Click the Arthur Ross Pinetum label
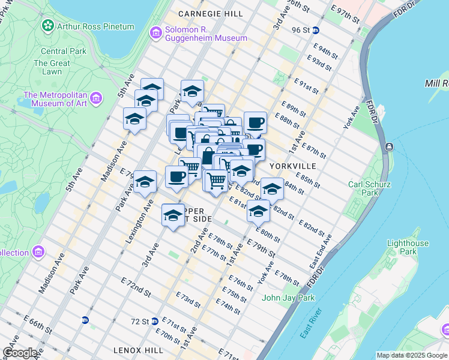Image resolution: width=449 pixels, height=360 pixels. click(x=95, y=26)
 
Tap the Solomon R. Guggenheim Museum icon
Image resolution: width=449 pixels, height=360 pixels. click(x=155, y=32)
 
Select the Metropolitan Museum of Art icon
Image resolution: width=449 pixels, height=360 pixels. click(x=96, y=97)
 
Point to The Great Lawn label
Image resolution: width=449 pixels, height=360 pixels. click(x=52, y=67)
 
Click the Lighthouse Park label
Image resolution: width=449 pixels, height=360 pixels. click(x=408, y=247)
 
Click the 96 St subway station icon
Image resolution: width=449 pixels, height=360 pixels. click(x=316, y=29)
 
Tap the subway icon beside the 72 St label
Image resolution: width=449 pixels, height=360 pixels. click(x=155, y=320)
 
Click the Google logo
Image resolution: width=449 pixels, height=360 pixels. click(x=20, y=353)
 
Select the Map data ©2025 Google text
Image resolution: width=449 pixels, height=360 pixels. click(x=412, y=355)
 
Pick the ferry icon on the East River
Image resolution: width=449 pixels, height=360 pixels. click(x=390, y=147)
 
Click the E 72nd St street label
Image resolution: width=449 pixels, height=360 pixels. click(x=135, y=286)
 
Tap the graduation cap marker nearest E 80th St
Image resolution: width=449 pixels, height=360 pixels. click(x=258, y=212)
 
